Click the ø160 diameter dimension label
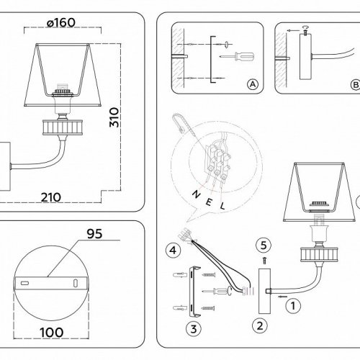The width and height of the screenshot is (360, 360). [x=61, y=23]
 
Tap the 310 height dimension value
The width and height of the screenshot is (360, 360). [x=114, y=117]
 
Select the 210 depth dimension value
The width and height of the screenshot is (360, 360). [x=50, y=197]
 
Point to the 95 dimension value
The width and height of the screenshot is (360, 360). [x=94, y=233]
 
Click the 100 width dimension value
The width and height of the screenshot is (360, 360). [x=52, y=333]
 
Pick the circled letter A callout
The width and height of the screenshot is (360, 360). [x=253, y=84]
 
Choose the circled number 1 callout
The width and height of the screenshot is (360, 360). [x=293, y=306]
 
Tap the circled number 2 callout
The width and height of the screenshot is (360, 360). [x=260, y=326]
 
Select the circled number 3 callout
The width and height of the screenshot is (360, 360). [x=194, y=329]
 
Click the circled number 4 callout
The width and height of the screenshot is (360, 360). [x=173, y=251]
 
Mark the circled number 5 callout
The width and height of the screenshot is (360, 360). [x=264, y=246]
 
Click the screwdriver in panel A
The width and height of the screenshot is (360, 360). [x=237, y=57]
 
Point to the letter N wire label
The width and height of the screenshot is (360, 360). [x=197, y=194]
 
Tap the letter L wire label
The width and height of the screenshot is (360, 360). [x=222, y=206]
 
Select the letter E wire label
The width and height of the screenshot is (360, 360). [x=209, y=202]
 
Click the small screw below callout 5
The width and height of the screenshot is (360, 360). [x=264, y=261]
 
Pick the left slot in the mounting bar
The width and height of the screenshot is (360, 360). [x=24, y=283]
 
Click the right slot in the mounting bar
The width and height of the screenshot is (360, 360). [x=76, y=283]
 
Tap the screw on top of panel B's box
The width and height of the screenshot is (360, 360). [x=305, y=32]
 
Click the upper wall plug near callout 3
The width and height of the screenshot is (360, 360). [x=179, y=274]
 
